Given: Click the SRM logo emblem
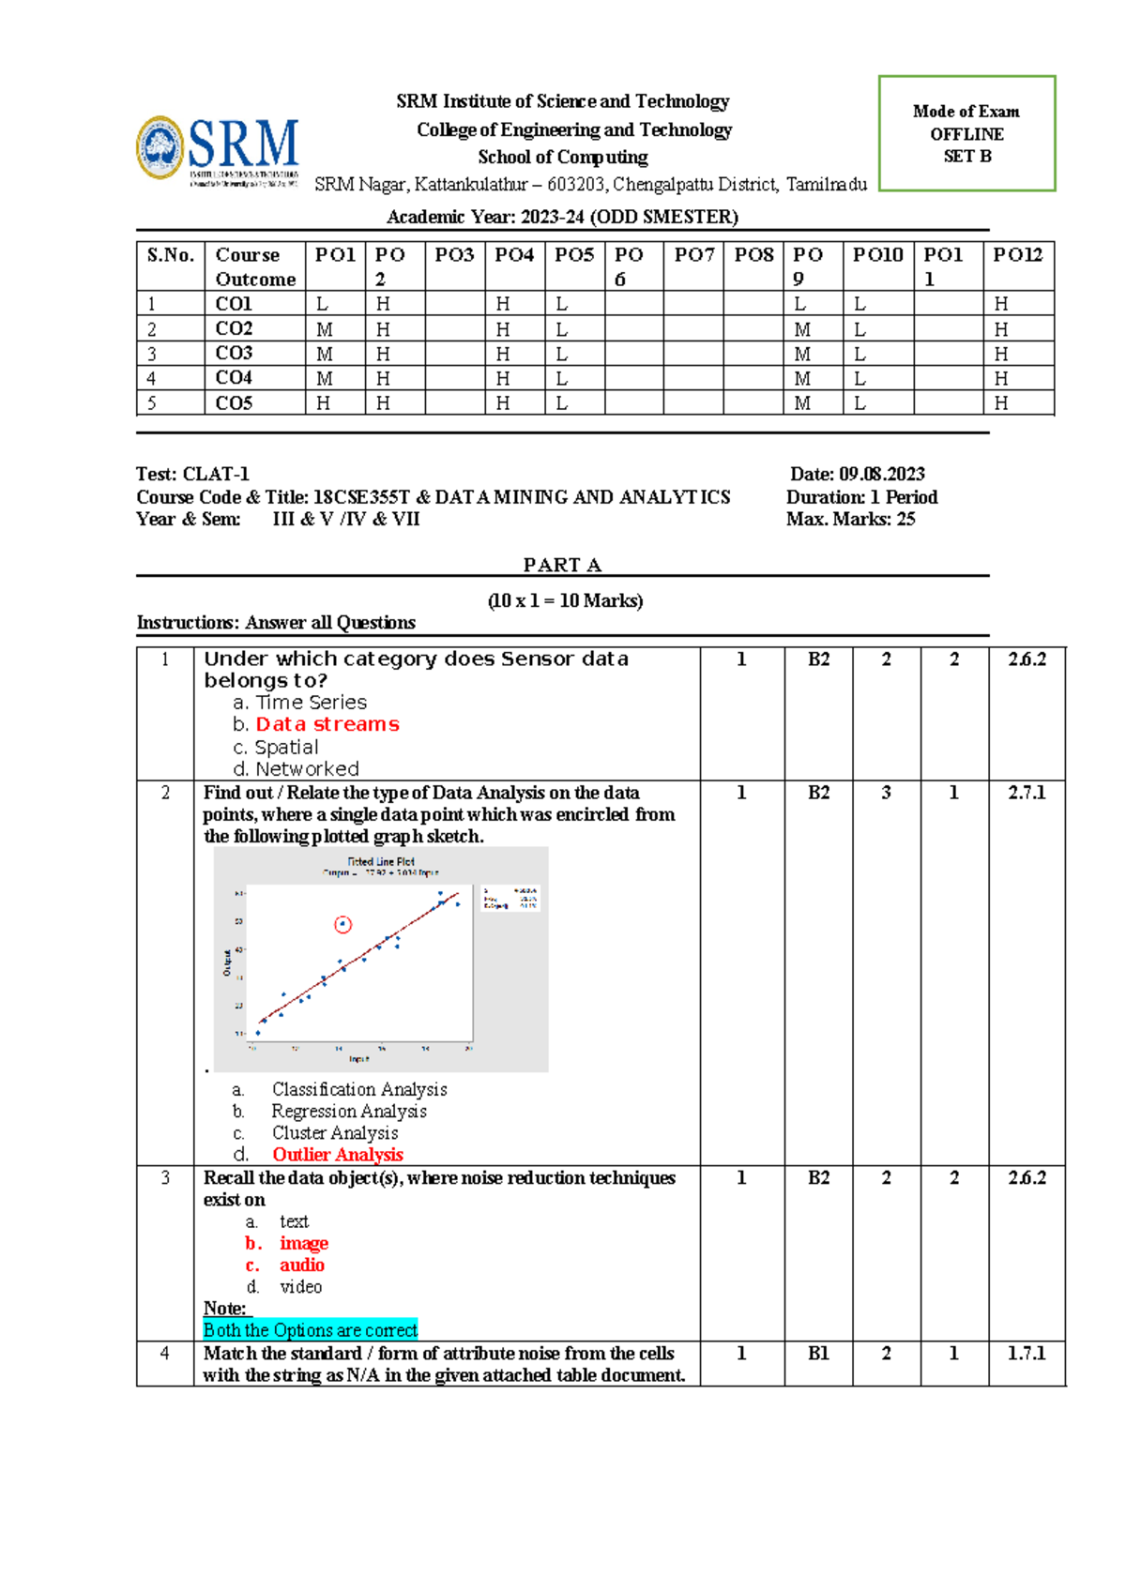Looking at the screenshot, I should [160, 147].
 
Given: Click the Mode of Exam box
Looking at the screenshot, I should [966, 133].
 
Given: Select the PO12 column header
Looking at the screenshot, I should [1018, 255].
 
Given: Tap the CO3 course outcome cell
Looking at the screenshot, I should [235, 354].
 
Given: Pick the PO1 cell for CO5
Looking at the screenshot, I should [324, 403].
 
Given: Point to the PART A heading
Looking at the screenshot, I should [562, 565].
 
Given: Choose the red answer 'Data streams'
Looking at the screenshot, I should [327, 724].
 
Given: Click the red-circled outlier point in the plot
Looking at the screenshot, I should [343, 924].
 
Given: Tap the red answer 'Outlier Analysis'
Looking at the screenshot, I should [338, 1155].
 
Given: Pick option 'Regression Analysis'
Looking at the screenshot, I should [349, 1111].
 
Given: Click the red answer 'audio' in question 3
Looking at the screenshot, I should [301, 1265].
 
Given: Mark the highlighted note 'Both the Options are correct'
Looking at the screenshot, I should [311, 1330].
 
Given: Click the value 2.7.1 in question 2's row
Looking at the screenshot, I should [1027, 793].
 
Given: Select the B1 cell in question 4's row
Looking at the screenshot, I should [818, 1354].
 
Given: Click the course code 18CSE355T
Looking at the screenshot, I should [361, 497].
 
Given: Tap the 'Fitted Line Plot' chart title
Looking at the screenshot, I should [381, 861].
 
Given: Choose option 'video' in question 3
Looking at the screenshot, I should [300, 1287].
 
